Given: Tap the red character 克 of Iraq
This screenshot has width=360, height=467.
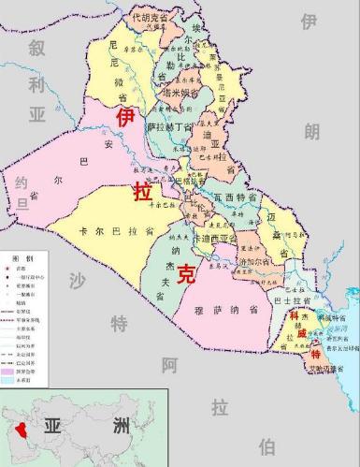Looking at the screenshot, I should (188, 273).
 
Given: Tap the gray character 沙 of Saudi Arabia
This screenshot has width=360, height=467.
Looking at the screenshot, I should (79, 281).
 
